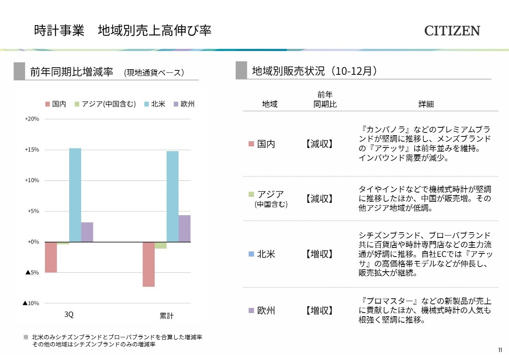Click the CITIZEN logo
click(452, 31)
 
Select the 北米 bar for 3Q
click(75, 195)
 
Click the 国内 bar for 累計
click(149, 264)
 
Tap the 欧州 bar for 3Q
click(87, 232)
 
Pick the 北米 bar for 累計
click(173, 197)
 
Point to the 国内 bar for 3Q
click(51, 257)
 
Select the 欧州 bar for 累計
click(185, 228)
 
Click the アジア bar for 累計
click(161, 245)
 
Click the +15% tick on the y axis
click(32, 150)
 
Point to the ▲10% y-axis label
click(31, 303)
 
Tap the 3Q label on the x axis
click(69, 315)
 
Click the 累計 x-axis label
click(167, 316)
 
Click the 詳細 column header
click(426, 104)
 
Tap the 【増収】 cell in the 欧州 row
click(319, 310)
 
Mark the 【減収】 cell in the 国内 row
click(319, 144)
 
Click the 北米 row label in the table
click(266, 254)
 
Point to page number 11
click(500, 350)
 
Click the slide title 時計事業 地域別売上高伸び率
click(122, 31)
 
